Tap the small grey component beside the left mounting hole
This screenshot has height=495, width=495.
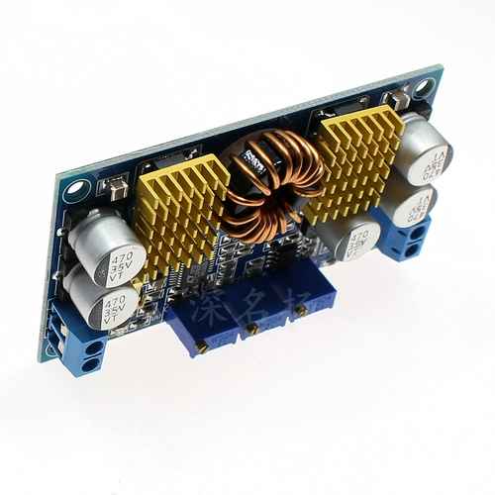click(x=116, y=185)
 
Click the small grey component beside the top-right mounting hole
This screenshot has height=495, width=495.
click(x=397, y=99)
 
